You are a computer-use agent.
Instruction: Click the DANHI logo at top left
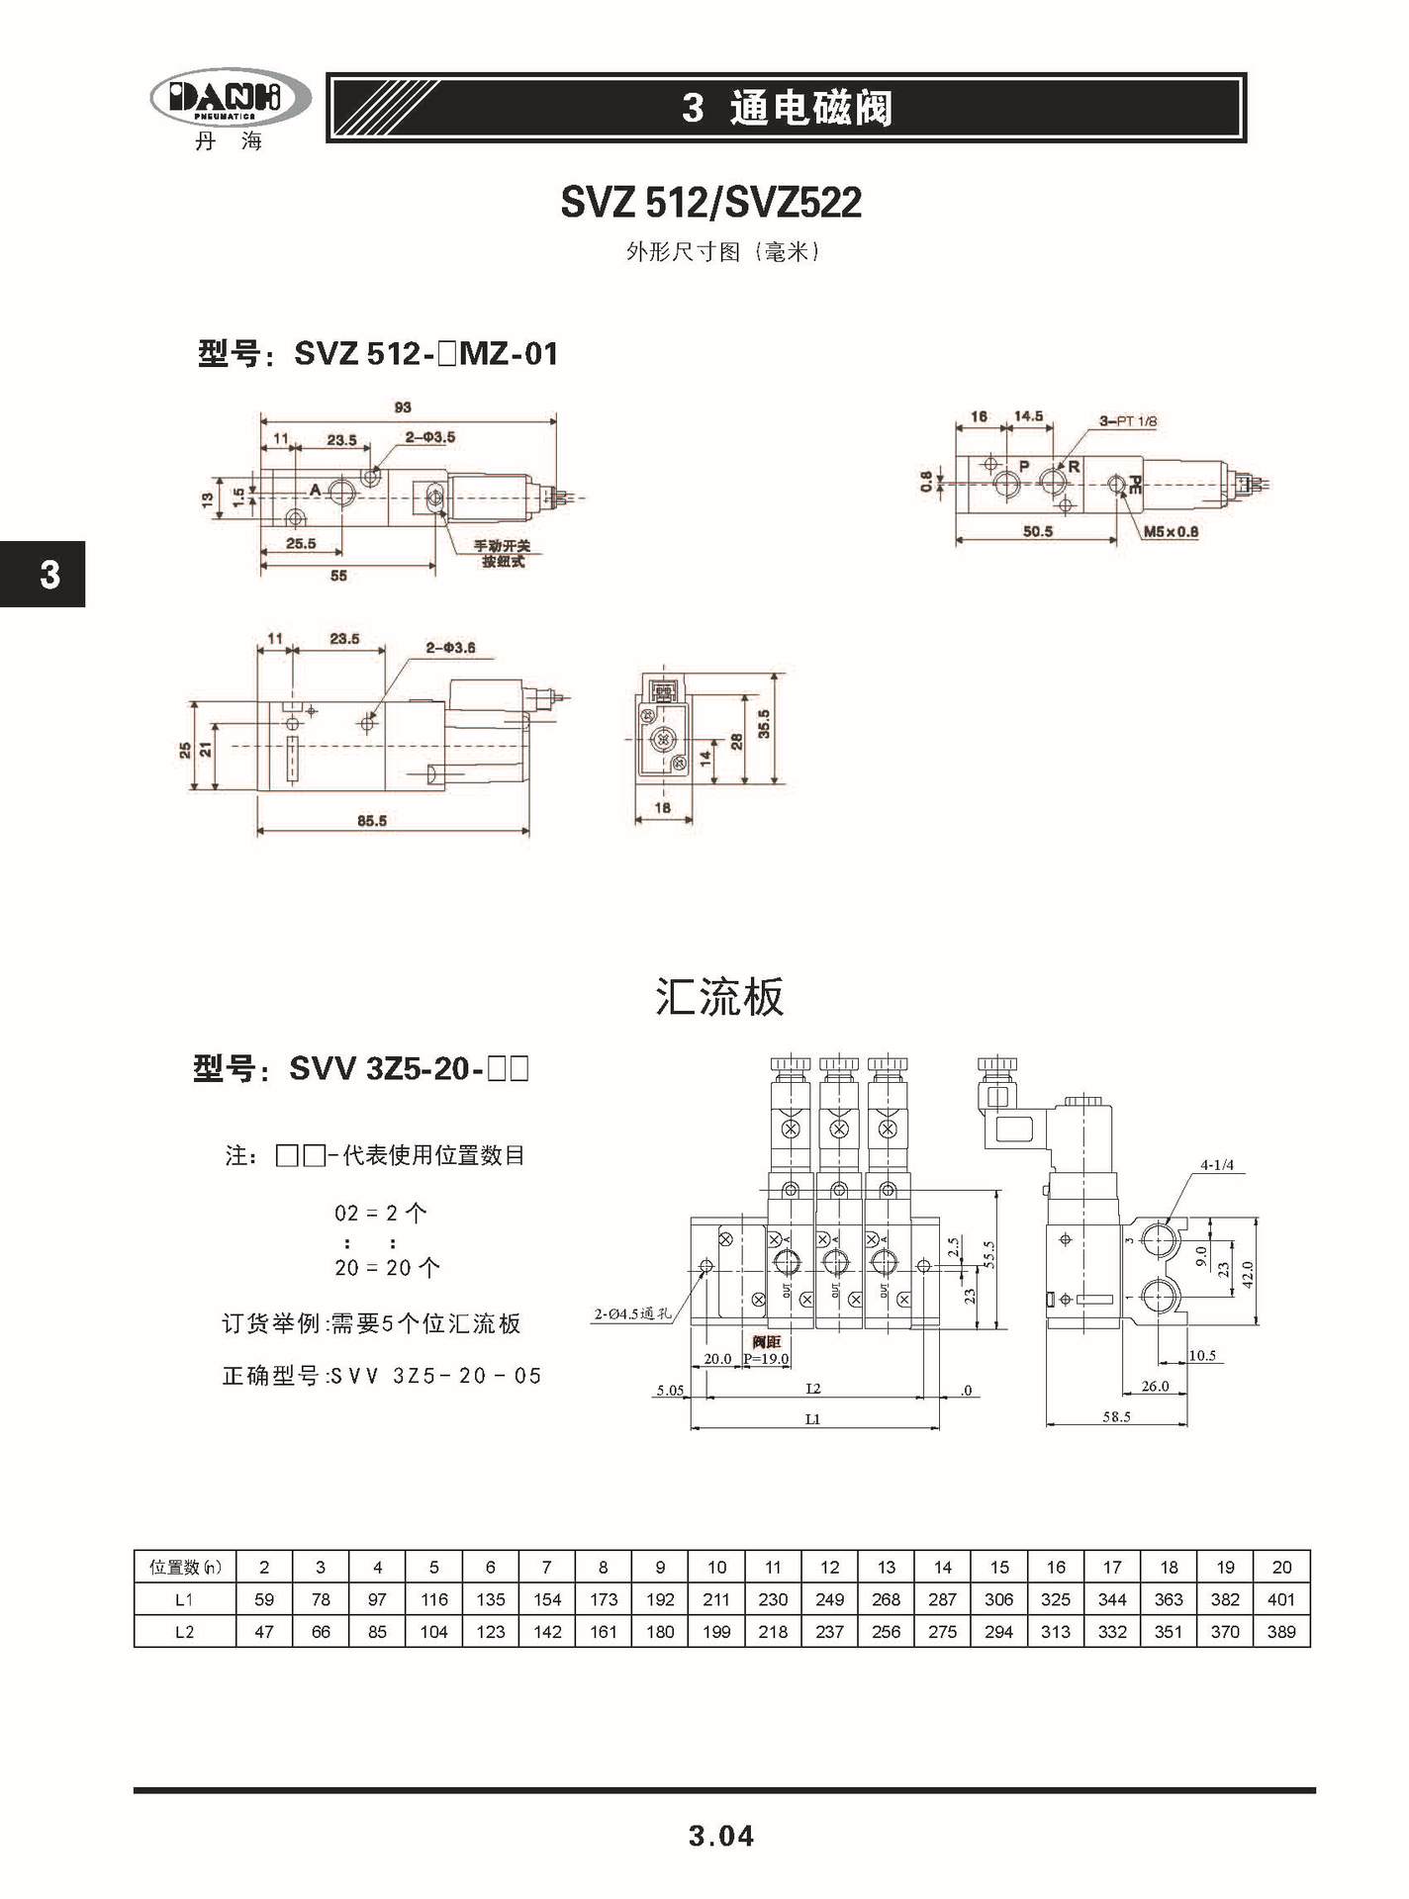tap(230, 99)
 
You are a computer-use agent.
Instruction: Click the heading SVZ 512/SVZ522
tap(710, 203)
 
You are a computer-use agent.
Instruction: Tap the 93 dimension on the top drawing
tap(402, 407)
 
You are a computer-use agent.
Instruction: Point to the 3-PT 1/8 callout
tap(1128, 421)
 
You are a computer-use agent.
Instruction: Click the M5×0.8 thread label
tap(1171, 532)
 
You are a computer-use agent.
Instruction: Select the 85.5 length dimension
tap(371, 820)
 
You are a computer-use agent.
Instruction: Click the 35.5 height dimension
tap(764, 724)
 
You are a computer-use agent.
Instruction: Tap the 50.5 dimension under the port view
tap(1037, 532)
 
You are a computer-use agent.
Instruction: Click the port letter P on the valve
tap(1024, 466)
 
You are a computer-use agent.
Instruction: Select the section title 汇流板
tap(719, 997)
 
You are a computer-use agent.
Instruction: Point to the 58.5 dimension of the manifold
tap(1116, 1416)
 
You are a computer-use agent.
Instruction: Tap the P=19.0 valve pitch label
tap(766, 1359)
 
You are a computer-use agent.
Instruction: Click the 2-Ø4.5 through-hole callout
tap(632, 1314)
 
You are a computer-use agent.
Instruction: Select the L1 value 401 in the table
tap(1281, 1599)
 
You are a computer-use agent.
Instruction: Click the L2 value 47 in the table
tap(264, 1632)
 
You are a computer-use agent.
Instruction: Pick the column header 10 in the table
tap(716, 1567)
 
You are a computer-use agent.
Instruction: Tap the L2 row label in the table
tap(184, 1632)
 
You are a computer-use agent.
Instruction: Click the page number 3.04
tap(721, 1837)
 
